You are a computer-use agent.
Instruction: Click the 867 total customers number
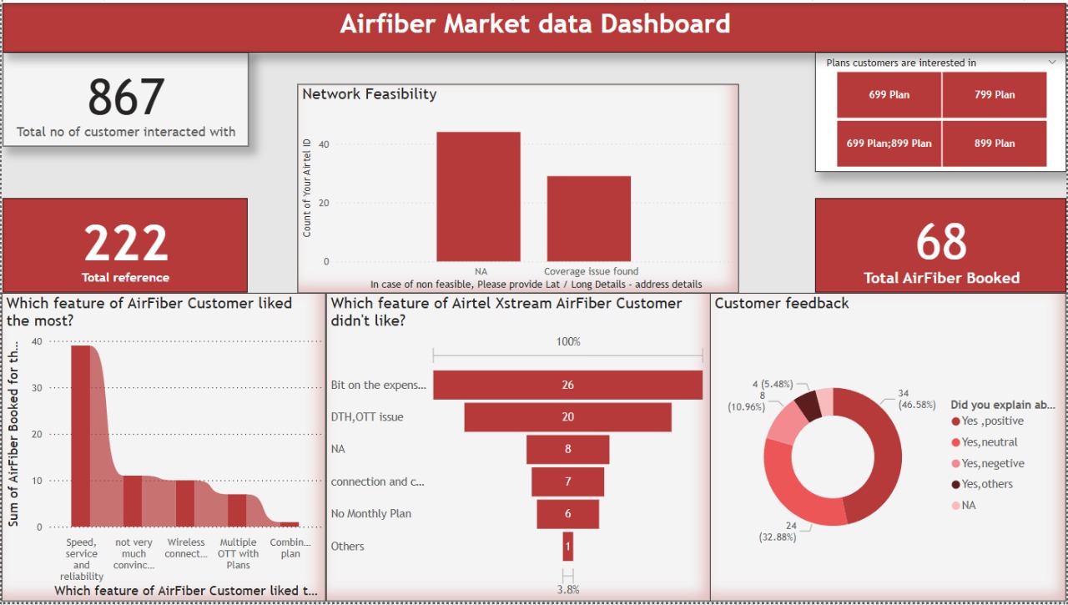pyautogui.click(x=126, y=98)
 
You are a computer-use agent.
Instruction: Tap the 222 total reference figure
pyautogui.click(x=126, y=243)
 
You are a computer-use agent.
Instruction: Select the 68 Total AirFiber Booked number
pyautogui.click(x=941, y=242)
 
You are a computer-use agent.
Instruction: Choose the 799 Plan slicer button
pyautogui.click(x=994, y=94)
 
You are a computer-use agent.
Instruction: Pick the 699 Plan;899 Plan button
pyautogui.click(x=889, y=143)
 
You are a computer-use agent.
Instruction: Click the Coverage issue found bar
pyautogui.click(x=589, y=219)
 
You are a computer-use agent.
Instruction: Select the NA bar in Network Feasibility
pyautogui.click(x=478, y=196)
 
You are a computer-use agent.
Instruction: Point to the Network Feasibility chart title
pyautogui.click(x=370, y=94)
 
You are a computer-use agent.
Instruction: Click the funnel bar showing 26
pyautogui.click(x=568, y=385)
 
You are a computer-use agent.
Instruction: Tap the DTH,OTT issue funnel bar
pyautogui.click(x=568, y=417)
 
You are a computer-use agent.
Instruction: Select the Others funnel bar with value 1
pyautogui.click(x=568, y=547)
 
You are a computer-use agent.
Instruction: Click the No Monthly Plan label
pyautogui.click(x=371, y=514)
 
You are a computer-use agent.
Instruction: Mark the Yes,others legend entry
pyautogui.click(x=982, y=484)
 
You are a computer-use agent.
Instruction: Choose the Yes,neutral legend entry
pyautogui.click(x=984, y=442)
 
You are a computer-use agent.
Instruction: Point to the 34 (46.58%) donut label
pyautogui.click(x=916, y=399)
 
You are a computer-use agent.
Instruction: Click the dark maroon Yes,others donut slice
pyautogui.click(x=808, y=406)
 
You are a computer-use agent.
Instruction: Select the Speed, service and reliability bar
pyautogui.click(x=81, y=436)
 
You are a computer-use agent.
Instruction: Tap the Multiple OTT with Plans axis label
pyautogui.click(x=238, y=553)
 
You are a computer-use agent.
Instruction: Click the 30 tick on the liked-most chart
pyautogui.click(x=37, y=388)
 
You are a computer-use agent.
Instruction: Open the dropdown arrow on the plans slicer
pyautogui.click(x=1052, y=62)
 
